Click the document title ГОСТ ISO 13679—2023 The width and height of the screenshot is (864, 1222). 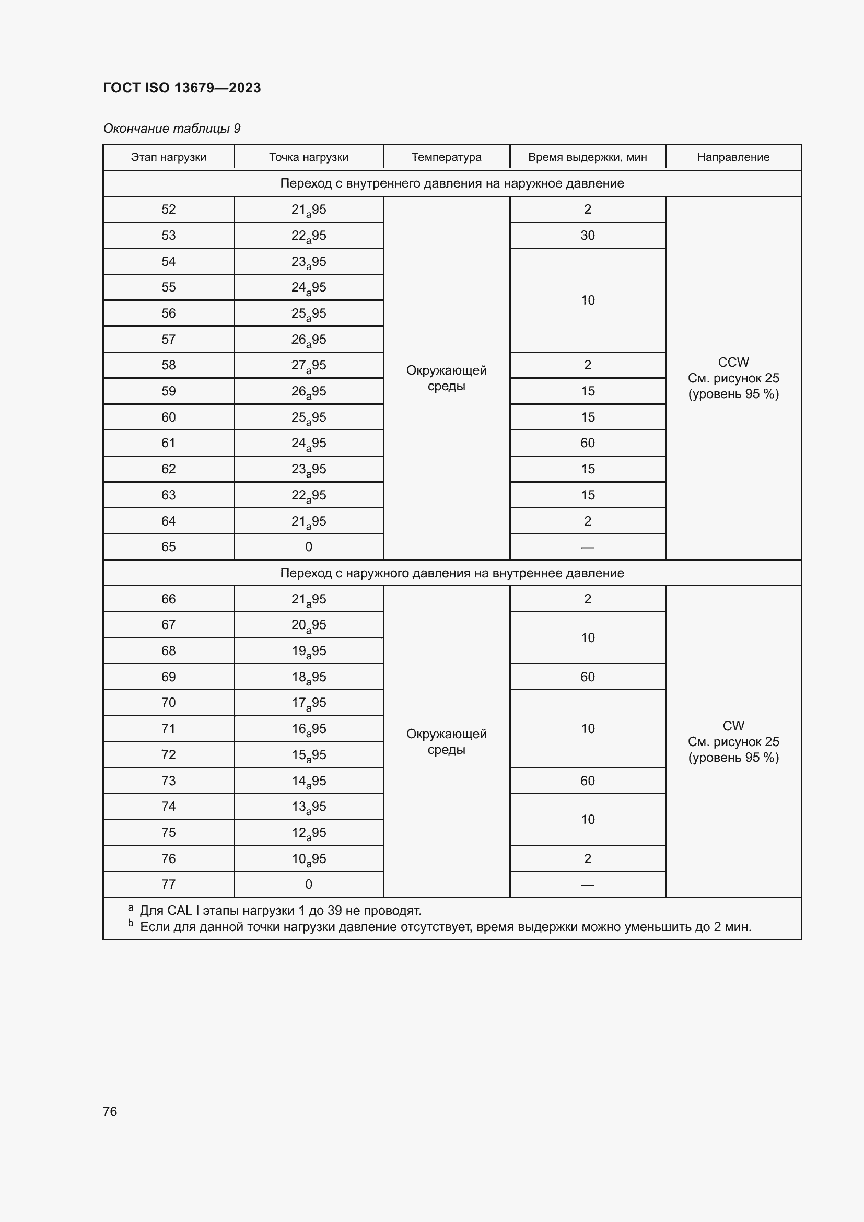181,88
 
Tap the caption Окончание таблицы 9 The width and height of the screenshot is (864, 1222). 171,129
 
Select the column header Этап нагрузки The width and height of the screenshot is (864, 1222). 168,157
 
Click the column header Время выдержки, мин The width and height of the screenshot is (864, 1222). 587,157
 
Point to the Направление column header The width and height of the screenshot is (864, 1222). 732,157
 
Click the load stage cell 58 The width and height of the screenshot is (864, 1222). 168,365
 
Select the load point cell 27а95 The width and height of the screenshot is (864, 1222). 308,366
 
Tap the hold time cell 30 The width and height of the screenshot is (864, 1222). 587,235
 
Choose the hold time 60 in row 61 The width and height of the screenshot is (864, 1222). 587,443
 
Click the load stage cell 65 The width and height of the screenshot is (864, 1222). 168,546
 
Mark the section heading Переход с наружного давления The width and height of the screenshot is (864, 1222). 451,573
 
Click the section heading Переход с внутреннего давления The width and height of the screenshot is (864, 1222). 451,183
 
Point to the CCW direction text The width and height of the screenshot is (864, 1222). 732,363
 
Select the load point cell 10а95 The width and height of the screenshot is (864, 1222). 308,859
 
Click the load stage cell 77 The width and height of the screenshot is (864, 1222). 168,884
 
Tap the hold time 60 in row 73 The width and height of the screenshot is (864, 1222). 587,781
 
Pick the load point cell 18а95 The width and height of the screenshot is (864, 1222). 308,677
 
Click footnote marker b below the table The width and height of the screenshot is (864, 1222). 131,923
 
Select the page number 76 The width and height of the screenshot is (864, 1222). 110,1111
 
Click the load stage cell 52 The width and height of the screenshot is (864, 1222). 168,209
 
